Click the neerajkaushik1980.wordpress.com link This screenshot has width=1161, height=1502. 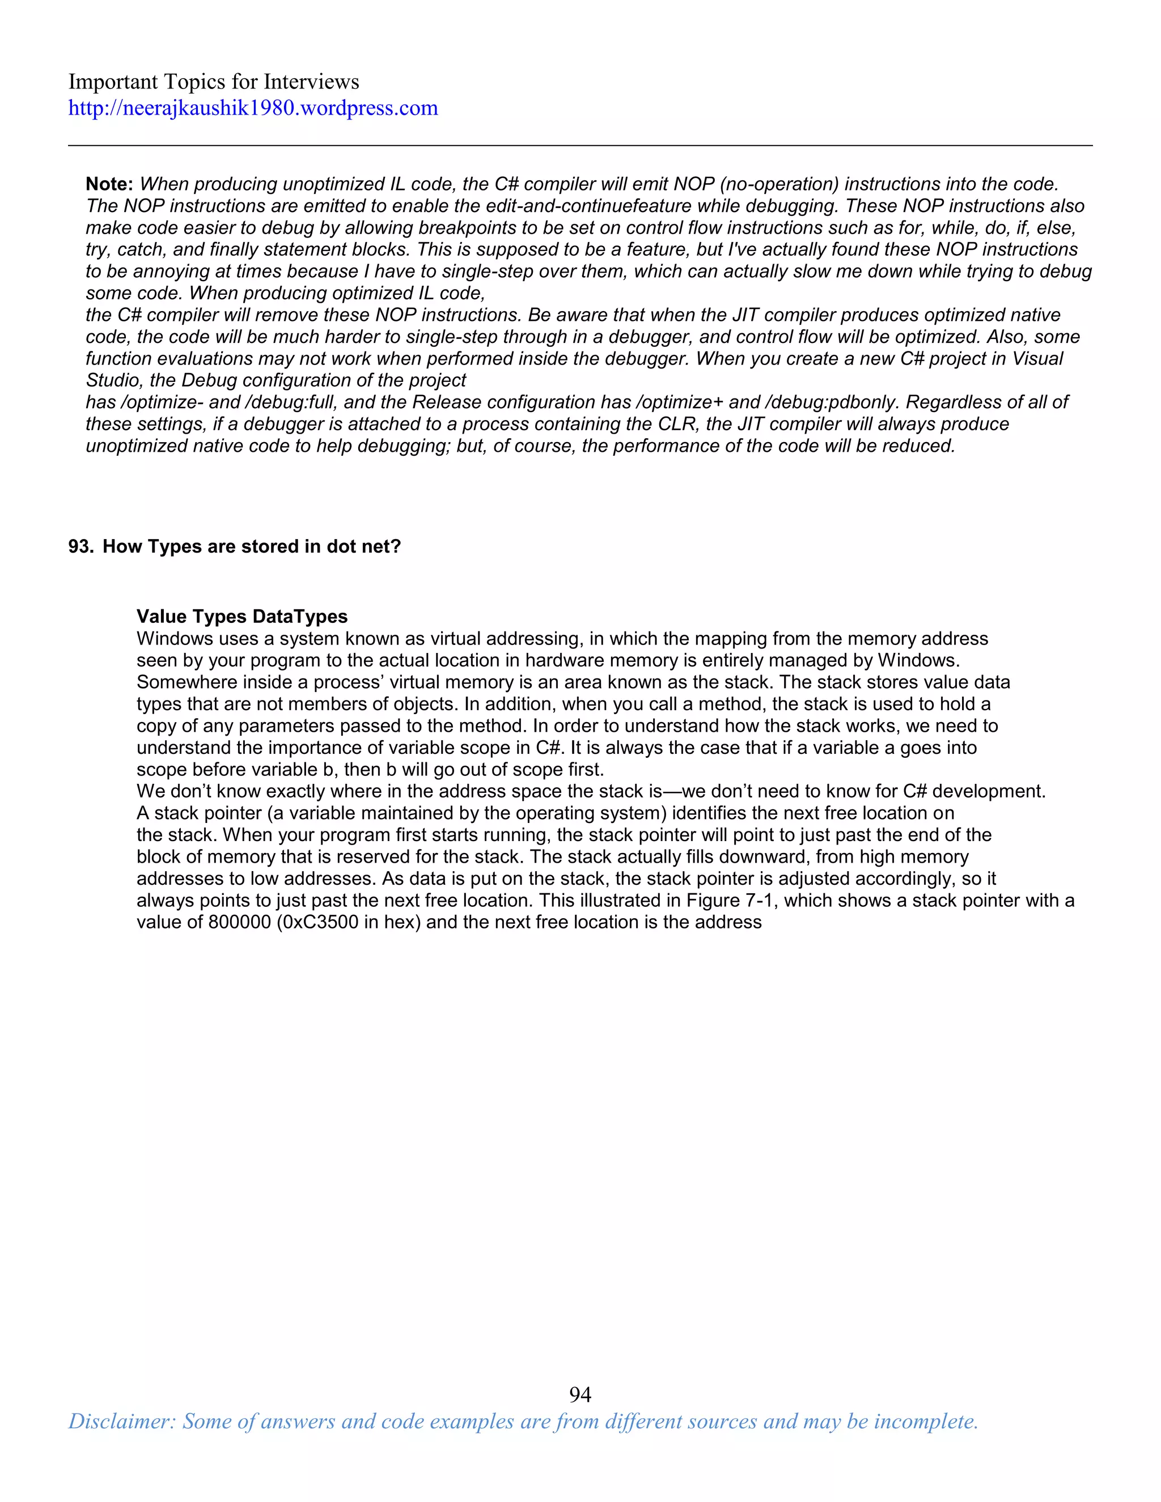(x=252, y=109)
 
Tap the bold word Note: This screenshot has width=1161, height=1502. (x=109, y=184)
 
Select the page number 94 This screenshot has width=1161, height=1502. (x=580, y=1394)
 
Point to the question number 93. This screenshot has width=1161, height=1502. (x=80, y=547)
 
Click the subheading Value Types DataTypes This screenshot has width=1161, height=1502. (x=242, y=616)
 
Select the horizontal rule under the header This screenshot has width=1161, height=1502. (x=580, y=145)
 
